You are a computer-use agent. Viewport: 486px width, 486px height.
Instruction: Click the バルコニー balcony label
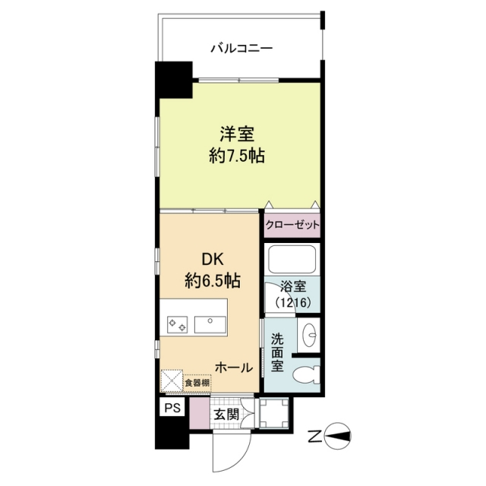(241, 49)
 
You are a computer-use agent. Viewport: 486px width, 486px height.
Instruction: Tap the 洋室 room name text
(237, 134)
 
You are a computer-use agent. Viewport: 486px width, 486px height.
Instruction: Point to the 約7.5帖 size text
(237, 156)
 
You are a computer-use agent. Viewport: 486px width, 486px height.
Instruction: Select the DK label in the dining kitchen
(213, 259)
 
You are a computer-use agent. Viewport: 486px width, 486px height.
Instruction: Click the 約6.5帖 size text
(213, 281)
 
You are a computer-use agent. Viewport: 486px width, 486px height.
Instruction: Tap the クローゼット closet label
(292, 225)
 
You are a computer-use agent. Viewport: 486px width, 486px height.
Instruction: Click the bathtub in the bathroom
(292, 259)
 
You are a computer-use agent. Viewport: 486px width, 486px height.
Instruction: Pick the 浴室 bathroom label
(293, 287)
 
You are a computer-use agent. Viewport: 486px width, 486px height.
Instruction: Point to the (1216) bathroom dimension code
(293, 302)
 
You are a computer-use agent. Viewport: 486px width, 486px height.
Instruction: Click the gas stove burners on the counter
(177, 324)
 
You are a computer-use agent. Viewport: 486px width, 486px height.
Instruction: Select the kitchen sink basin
(210, 324)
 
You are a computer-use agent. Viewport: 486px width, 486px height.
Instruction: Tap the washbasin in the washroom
(309, 335)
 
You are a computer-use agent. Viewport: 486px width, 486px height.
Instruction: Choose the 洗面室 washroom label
(277, 352)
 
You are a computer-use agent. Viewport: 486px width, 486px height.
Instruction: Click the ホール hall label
(234, 368)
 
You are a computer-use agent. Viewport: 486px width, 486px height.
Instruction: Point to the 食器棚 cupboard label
(197, 383)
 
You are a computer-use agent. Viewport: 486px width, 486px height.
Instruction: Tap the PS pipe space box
(172, 407)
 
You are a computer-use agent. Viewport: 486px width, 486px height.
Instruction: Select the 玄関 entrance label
(227, 415)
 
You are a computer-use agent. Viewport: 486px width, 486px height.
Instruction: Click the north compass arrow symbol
(338, 437)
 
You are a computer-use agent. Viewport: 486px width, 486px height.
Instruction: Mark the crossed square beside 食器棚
(172, 380)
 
